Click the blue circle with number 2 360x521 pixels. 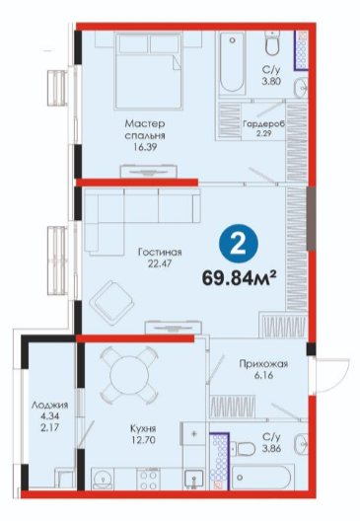click(x=239, y=245)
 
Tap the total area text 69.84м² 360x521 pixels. click(x=240, y=277)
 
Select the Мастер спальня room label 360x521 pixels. click(x=145, y=130)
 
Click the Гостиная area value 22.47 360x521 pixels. click(x=160, y=264)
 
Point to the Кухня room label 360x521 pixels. click(x=143, y=428)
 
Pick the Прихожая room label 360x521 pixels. click(x=263, y=364)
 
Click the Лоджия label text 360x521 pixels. click(x=50, y=406)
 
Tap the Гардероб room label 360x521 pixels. click(x=264, y=124)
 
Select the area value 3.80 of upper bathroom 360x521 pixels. click(x=271, y=81)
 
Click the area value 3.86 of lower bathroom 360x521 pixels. click(x=271, y=449)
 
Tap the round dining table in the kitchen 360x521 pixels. click(x=129, y=374)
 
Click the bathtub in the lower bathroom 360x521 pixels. click(x=262, y=478)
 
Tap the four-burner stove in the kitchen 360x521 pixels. click(x=149, y=479)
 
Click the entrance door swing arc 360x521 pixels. click(x=338, y=375)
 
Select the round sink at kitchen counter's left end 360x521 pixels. click(x=103, y=479)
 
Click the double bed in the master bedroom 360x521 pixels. click(x=149, y=71)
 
